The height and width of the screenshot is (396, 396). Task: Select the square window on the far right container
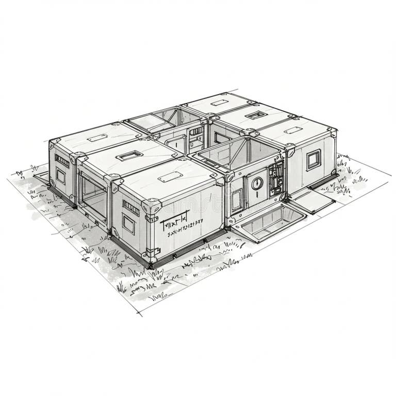click(x=313, y=160)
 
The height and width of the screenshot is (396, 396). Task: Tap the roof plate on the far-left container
click(x=97, y=138)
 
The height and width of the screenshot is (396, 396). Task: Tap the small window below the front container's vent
click(x=128, y=224)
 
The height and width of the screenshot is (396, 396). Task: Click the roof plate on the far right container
click(x=293, y=130)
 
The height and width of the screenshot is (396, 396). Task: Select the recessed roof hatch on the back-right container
click(x=255, y=115)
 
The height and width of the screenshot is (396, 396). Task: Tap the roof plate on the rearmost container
click(x=219, y=103)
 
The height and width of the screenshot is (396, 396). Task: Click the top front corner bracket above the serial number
click(x=152, y=207)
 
